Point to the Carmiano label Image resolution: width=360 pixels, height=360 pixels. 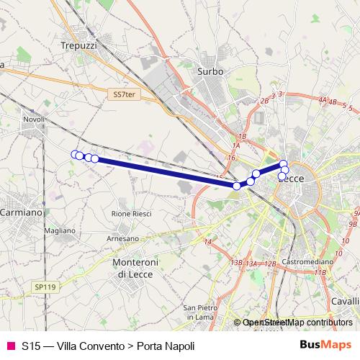20,213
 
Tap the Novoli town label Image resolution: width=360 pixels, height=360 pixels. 34,120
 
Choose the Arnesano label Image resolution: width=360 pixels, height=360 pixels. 122,238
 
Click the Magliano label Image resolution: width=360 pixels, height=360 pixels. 60,230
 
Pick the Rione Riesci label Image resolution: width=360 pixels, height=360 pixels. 132,214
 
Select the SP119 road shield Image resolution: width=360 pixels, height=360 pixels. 45,287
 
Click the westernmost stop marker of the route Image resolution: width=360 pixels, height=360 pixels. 74,154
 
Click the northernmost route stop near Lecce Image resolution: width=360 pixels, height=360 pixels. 284,164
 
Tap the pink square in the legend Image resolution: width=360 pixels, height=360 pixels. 10,346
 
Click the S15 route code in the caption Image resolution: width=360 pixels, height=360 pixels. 30,346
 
